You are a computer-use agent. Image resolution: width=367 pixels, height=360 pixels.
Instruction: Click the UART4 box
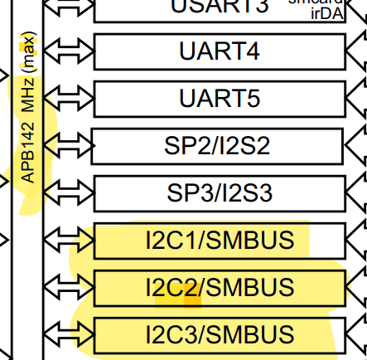point(220,51)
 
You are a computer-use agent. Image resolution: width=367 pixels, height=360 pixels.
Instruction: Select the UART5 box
point(220,99)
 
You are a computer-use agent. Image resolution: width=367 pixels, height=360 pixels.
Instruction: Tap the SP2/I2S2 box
point(218,146)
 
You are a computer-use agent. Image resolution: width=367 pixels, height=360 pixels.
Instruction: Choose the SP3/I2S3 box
point(218,193)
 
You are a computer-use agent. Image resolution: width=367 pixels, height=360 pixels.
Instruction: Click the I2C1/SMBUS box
point(220,241)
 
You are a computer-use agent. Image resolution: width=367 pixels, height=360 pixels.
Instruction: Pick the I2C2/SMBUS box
point(220,288)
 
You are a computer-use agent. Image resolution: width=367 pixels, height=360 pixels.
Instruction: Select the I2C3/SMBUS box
point(220,335)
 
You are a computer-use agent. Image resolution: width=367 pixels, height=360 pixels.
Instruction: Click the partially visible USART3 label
point(220,7)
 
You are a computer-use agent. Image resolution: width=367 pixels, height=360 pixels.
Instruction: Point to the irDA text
point(326,14)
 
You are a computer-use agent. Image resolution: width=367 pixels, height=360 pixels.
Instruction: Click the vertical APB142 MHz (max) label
point(28,108)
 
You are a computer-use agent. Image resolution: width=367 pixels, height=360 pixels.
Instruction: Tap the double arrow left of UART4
point(70,51)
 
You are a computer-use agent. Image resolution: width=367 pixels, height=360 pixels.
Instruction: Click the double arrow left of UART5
point(70,99)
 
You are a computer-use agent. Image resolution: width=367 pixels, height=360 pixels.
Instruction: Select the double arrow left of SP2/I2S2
point(68,146)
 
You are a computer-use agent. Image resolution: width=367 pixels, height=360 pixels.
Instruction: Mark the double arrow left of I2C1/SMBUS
point(70,241)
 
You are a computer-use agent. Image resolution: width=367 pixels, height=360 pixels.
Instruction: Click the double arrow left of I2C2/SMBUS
point(70,288)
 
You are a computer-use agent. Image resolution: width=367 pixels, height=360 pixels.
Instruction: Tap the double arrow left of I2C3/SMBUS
point(70,335)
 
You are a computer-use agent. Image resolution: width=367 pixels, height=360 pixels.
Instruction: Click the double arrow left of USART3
point(70,7)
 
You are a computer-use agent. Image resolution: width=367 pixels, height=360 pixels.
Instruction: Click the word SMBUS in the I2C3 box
point(249,335)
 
